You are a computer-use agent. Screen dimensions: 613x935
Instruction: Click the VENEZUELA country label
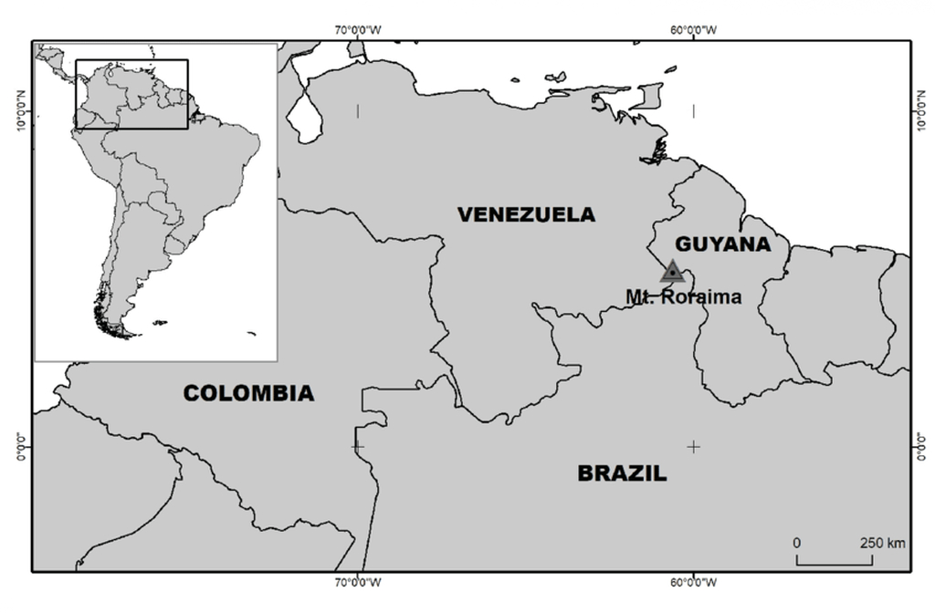526,214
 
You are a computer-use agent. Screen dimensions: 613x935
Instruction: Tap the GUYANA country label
722,244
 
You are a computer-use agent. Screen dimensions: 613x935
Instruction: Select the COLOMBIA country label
248,393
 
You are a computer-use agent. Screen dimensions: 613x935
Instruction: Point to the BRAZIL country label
622,473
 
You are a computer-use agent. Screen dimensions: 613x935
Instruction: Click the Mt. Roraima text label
683,296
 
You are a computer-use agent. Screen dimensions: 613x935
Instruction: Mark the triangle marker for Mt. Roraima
673,272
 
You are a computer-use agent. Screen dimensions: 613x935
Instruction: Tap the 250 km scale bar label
882,543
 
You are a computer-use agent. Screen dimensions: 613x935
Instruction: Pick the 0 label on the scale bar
797,543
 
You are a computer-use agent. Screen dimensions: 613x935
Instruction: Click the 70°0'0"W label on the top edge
358,29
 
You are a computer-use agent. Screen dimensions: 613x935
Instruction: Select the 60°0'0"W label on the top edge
693,29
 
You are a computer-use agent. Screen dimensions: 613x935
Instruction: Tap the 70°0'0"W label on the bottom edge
358,583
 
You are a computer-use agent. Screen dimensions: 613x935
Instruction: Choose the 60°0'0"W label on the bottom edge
693,583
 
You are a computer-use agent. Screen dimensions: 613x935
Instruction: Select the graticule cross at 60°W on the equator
693,446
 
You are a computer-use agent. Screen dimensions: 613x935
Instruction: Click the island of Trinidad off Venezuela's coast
649,96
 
